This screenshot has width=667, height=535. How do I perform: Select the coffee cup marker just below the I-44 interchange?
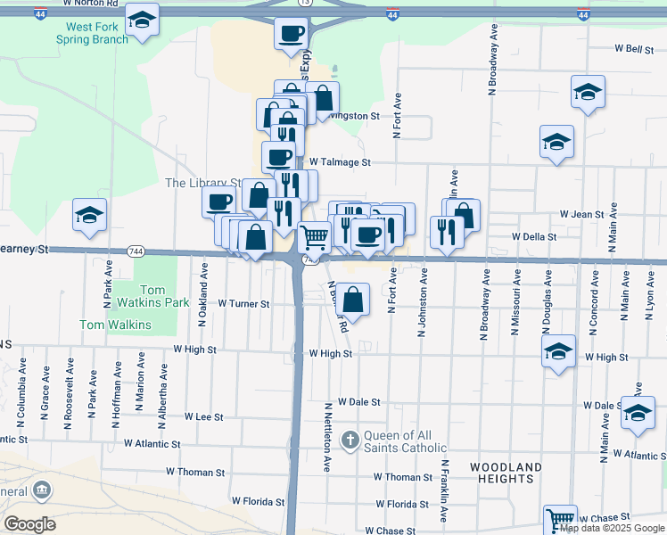click(x=291, y=35)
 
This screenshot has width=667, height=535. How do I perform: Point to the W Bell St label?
click(x=633, y=49)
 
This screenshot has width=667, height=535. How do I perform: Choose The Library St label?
click(x=203, y=183)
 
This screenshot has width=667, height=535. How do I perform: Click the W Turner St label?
click(x=243, y=304)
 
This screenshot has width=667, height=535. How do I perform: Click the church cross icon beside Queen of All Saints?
click(x=350, y=439)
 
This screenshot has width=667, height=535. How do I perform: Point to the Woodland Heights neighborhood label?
click(x=505, y=473)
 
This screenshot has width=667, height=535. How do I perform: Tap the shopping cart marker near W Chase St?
click(x=559, y=519)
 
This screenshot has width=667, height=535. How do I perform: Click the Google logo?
click(x=29, y=523)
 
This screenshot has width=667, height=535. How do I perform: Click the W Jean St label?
click(x=581, y=214)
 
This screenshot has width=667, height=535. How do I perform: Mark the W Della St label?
click(x=534, y=237)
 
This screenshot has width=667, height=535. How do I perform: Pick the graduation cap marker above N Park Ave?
click(x=88, y=218)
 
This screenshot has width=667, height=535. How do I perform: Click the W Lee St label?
click(x=203, y=416)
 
